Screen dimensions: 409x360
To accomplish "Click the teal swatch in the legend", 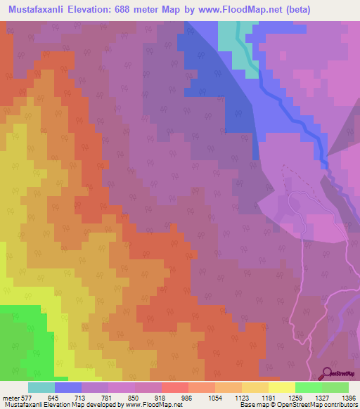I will tap(41, 387).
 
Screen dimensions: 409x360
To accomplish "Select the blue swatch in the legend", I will tap(68, 387).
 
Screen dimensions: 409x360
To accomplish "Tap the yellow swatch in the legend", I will tap(282, 387).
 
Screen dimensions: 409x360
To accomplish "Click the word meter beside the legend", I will tap(8, 397).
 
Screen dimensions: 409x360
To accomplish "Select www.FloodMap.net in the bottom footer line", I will tap(149, 405).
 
